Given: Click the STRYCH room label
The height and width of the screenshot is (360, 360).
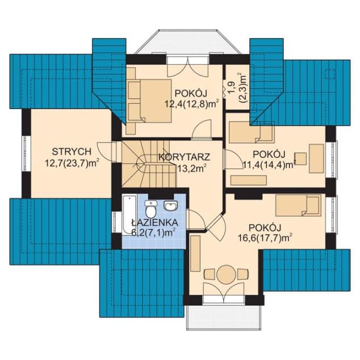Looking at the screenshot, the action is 72,152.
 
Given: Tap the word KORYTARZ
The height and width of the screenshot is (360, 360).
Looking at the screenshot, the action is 184,157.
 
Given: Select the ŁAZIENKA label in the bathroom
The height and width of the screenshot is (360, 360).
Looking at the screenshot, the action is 154,222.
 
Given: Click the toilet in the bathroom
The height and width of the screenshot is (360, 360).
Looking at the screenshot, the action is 151,208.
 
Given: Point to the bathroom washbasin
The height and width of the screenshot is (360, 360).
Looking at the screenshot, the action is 170,205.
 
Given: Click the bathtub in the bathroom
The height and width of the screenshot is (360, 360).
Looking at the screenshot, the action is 129,215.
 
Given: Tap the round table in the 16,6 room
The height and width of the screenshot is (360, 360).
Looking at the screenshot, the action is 227,274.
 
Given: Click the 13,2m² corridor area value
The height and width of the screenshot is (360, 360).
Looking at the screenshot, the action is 191,169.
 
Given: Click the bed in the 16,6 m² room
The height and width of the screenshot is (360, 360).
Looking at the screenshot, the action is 298,205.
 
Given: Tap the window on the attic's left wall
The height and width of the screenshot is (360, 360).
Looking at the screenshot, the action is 26,154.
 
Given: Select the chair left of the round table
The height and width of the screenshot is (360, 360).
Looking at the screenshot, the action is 209,274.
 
